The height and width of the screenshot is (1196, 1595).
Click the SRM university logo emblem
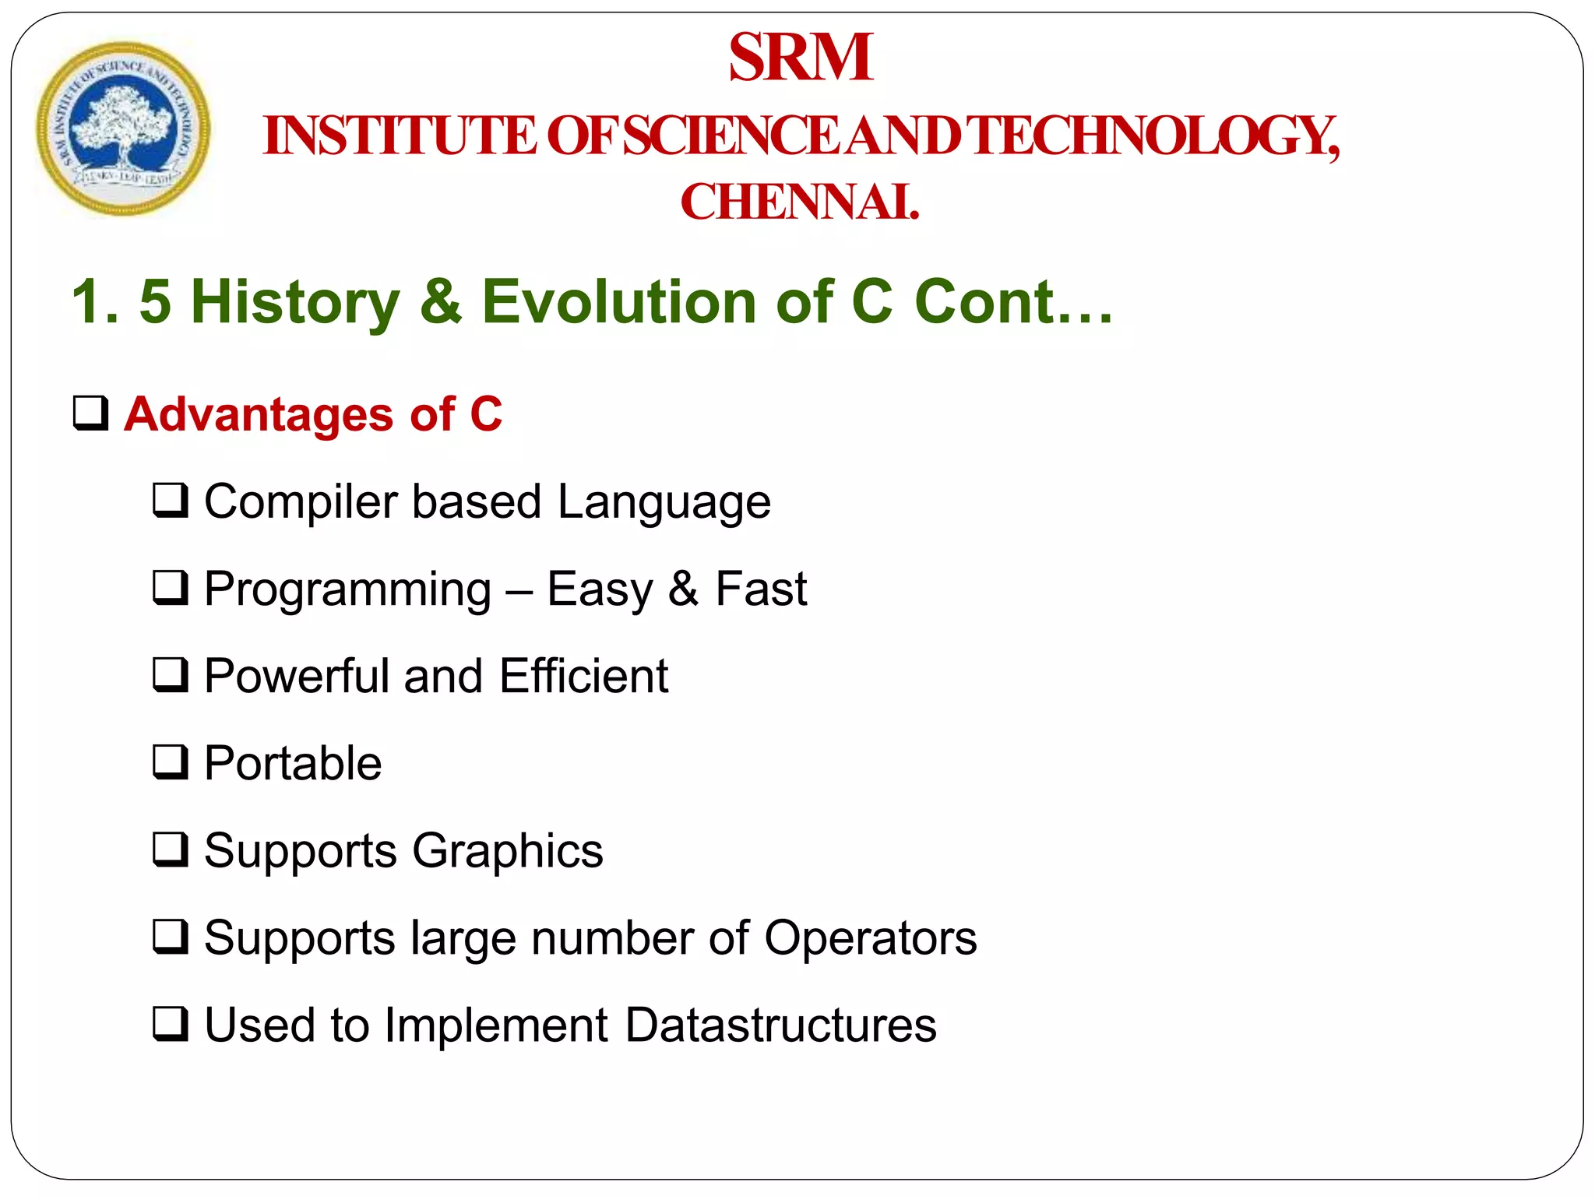(x=123, y=129)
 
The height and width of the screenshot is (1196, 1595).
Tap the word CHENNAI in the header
(x=799, y=202)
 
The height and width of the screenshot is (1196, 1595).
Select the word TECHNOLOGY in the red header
(x=1156, y=135)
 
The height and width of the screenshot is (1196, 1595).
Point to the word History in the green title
(x=295, y=302)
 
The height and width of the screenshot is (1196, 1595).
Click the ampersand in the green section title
(x=441, y=302)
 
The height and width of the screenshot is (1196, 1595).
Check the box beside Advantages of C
(x=90, y=413)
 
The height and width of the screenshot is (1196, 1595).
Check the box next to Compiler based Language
(x=170, y=500)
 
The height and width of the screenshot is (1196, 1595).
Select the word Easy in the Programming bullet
(x=599, y=589)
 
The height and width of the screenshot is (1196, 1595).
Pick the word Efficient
(x=583, y=676)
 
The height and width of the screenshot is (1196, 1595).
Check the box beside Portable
(x=170, y=762)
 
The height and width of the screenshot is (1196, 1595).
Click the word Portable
(x=293, y=763)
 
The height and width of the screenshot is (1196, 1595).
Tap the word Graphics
(x=508, y=850)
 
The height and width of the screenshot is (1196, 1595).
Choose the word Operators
(x=870, y=937)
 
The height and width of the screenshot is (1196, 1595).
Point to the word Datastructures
(x=780, y=1025)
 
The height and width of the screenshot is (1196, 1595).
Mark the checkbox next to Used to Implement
(x=170, y=1024)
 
